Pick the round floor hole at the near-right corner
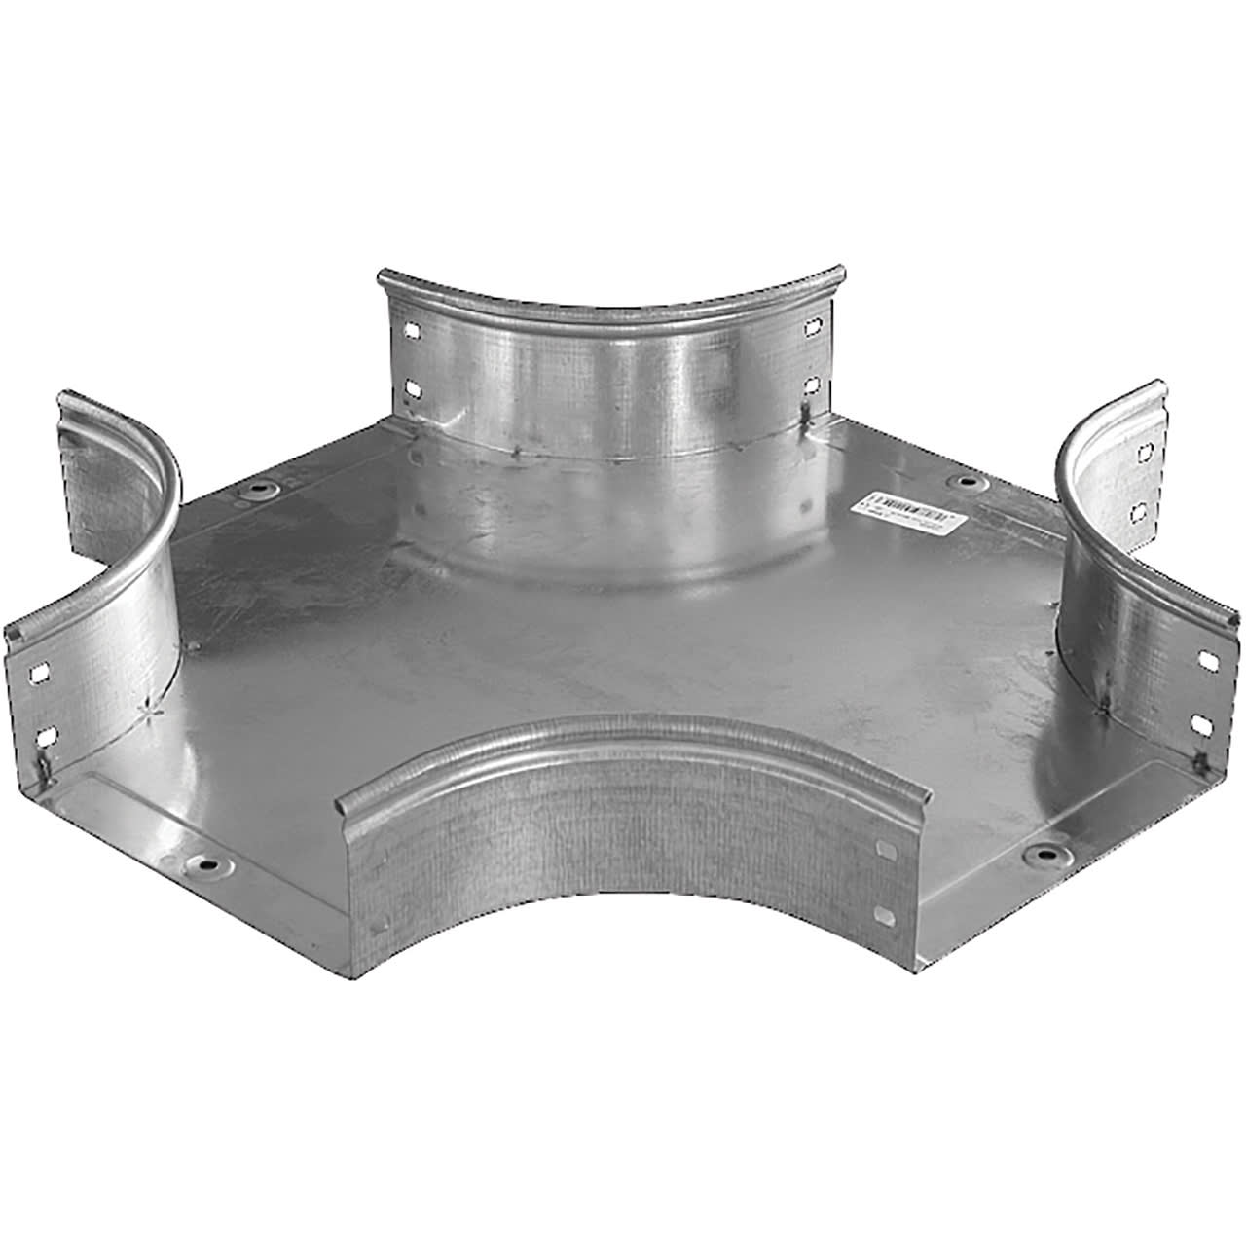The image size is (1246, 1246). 1043,855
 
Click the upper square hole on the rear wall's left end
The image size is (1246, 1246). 414,328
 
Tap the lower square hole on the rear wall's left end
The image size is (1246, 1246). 414,387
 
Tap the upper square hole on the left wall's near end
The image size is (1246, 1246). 40,673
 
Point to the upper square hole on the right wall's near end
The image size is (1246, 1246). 1207,660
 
